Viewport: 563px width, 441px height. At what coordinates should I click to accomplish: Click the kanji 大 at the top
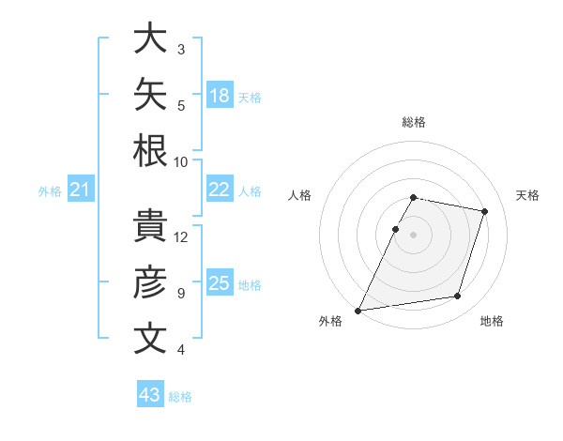tap(150, 38)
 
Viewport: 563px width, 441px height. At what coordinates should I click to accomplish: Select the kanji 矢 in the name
tap(150, 94)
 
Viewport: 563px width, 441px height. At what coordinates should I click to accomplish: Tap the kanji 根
tap(150, 150)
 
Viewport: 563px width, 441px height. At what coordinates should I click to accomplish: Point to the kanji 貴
tap(150, 225)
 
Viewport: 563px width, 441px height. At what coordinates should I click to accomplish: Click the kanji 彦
tap(150, 281)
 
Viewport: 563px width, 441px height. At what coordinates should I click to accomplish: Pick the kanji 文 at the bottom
tap(150, 338)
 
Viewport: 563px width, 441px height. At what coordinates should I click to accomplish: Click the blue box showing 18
tap(220, 95)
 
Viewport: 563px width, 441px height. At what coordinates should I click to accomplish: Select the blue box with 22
tap(220, 189)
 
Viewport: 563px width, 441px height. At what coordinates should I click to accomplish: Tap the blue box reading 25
tap(220, 281)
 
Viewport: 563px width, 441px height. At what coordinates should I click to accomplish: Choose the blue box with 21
tap(81, 189)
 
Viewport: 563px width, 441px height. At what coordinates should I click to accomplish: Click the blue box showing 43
tap(150, 393)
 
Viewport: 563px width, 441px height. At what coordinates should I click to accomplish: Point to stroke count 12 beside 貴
tap(180, 237)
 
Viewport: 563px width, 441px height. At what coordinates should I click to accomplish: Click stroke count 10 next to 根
tap(180, 162)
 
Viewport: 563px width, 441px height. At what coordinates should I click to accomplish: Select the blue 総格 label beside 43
tap(180, 397)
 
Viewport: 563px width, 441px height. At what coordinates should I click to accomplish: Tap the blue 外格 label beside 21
tap(50, 191)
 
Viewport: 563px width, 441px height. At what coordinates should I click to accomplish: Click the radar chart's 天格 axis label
tap(527, 195)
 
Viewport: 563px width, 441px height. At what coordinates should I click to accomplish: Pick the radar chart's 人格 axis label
tap(299, 195)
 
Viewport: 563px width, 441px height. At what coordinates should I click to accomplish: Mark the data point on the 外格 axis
tap(358, 311)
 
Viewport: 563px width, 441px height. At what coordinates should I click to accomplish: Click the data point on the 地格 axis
tap(458, 296)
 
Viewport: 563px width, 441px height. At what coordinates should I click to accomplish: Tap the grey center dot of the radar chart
tap(413, 235)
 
